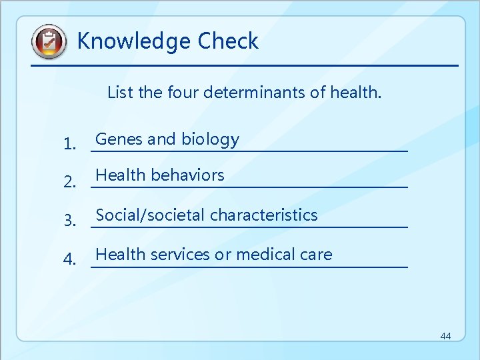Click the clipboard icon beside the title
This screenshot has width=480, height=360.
coord(49,42)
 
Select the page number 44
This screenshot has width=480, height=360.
coord(445,336)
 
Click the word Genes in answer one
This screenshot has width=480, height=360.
coord(119,139)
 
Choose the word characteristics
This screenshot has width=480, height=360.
coord(263,215)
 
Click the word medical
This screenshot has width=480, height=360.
coord(263,255)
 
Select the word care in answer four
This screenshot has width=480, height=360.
coord(316,255)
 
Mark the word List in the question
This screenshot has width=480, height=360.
coord(120,92)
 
